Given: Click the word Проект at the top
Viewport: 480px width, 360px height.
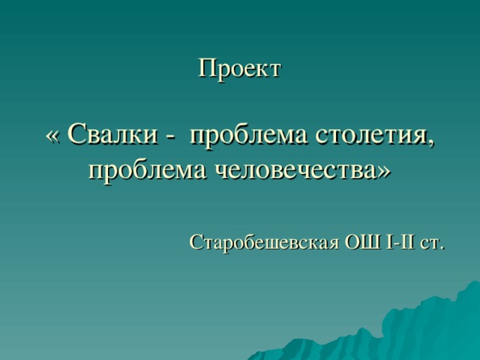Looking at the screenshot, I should point(239,69).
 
